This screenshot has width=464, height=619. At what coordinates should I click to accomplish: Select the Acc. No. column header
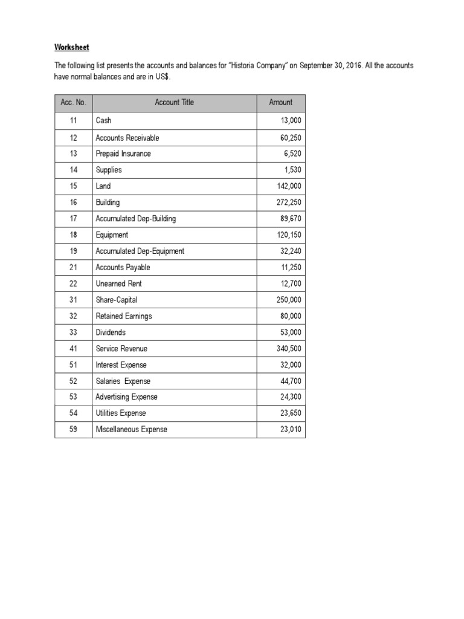click(73, 103)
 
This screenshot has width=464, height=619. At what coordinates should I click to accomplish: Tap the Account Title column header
click(175, 103)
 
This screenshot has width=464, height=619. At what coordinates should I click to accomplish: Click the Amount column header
click(280, 103)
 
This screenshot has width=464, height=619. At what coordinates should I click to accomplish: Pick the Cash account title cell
click(104, 121)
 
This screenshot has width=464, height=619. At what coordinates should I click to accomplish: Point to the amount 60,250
click(291, 138)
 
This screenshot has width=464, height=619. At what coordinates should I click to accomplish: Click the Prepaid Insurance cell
click(123, 154)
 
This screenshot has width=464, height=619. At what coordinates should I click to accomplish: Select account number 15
click(73, 186)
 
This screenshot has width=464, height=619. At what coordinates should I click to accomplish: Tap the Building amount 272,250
click(289, 203)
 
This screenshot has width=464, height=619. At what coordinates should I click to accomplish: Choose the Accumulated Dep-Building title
click(135, 219)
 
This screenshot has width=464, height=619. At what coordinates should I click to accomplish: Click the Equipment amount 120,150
click(289, 235)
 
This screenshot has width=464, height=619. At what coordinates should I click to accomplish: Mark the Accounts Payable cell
click(123, 267)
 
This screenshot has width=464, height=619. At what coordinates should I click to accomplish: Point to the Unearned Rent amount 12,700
click(291, 284)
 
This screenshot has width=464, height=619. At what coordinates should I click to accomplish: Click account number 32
click(73, 316)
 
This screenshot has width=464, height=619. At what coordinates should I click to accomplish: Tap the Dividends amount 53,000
click(291, 332)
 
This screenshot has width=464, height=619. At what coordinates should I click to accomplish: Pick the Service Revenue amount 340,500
click(289, 349)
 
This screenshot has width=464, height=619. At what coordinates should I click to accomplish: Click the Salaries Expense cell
click(123, 381)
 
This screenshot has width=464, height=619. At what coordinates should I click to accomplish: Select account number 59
click(73, 430)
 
